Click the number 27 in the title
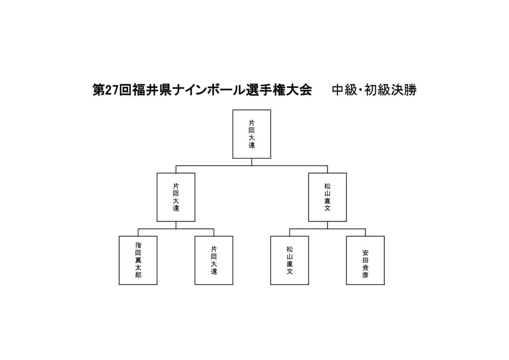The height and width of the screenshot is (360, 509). (x=112, y=90)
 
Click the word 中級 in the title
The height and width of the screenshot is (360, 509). (x=345, y=90)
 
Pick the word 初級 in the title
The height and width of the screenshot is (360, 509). (x=377, y=90)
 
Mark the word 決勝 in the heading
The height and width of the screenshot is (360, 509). (x=404, y=90)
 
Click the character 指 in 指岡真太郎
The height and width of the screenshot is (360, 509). (x=138, y=246)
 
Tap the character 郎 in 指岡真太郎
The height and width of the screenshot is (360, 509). (x=138, y=275)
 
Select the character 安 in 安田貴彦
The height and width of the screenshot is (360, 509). (x=365, y=253)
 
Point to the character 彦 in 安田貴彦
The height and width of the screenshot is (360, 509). (x=365, y=275)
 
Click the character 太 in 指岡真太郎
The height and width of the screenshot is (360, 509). (x=138, y=268)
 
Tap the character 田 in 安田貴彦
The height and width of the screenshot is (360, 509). (x=365, y=261)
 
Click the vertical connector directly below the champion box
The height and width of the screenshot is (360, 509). (x=252, y=162)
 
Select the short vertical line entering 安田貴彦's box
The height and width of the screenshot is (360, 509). (x=365, y=232)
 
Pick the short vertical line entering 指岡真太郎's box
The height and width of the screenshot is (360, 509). (x=138, y=232)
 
